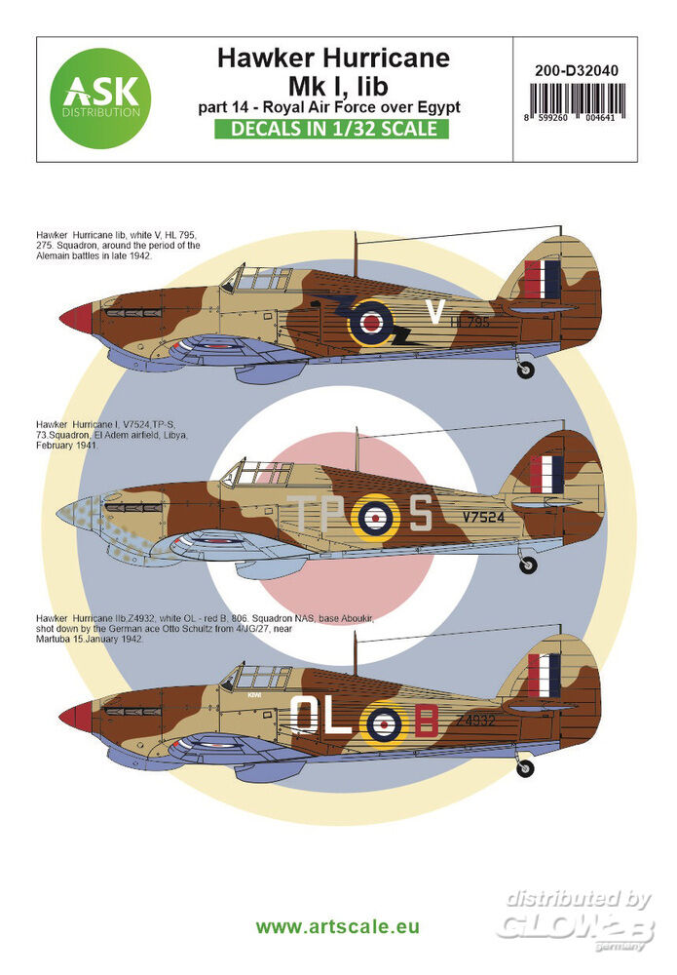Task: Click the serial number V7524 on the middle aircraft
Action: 483,518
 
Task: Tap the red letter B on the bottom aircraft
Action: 425,721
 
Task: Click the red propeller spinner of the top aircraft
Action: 76,318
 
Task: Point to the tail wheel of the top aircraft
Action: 525,370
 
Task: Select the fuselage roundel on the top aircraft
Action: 371,323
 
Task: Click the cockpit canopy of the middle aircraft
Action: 255,475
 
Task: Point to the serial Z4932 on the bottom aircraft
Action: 478,721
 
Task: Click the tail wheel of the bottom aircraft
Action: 526,770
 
